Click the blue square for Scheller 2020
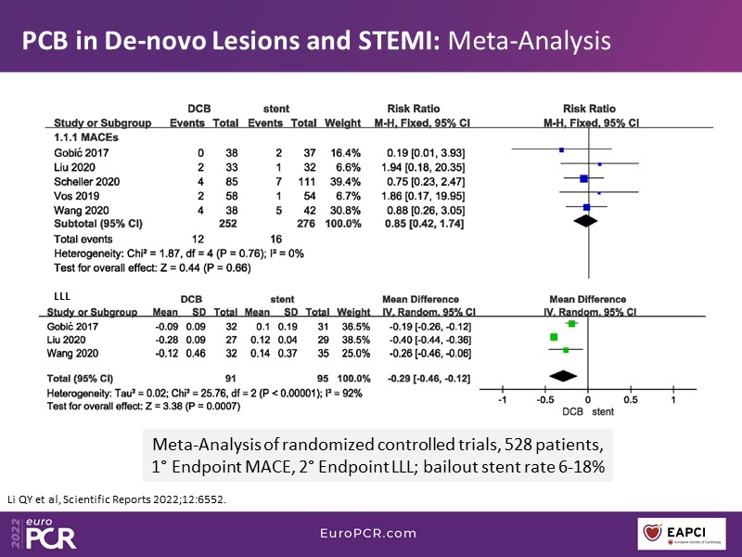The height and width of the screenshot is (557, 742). tap(583, 178)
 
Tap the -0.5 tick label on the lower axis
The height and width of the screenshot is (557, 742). tap(544, 400)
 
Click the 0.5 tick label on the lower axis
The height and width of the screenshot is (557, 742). tap(631, 400)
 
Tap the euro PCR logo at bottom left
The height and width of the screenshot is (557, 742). tap(46, 530)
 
